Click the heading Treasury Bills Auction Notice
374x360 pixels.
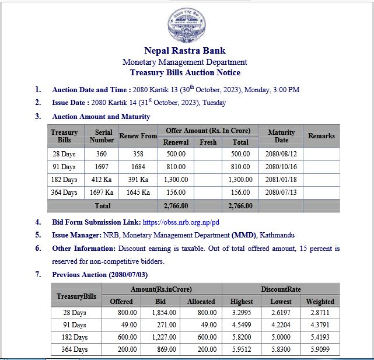point(185,73)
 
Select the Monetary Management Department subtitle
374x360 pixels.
point(185,62)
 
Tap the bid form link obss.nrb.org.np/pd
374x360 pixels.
point(181,222)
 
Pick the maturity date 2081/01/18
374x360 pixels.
point(281,180)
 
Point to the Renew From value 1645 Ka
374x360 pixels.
point(138,193)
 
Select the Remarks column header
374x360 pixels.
point(321,136)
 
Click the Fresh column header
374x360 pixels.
point(208,142)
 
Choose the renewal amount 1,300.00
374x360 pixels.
point(176,180)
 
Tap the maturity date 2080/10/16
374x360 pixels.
point(281,167)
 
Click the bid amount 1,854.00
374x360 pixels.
point(165,313)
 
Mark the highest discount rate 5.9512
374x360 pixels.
point(242,349)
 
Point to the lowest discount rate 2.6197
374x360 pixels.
point(281,313)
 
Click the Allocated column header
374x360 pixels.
point(201,301)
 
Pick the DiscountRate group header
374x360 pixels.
point(281,289)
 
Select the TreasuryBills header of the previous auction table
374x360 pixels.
point(76,296)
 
